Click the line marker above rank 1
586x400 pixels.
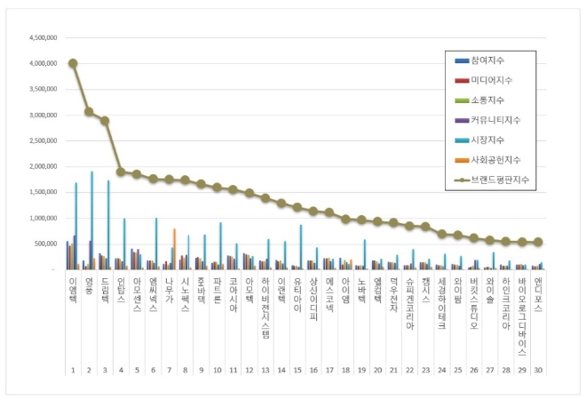(x=73, y=63)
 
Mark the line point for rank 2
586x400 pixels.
(x=89, y=112)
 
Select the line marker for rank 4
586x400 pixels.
(x=121, y=172)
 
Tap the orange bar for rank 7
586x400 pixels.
(x=174, y=249)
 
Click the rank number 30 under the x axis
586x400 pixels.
(x=538, y=370)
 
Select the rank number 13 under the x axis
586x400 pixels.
(x=264, y=370)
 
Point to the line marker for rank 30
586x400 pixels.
(x=538, y=242)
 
